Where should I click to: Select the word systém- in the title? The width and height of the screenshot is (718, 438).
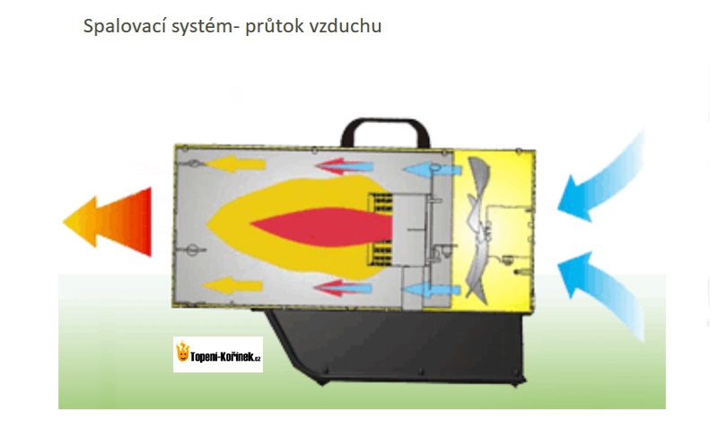click(206, 27)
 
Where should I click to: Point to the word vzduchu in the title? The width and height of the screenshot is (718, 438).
click(346, 26)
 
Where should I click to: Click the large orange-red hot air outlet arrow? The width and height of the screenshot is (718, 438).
click(109, 222)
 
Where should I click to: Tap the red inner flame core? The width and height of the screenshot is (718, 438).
click(320, 227)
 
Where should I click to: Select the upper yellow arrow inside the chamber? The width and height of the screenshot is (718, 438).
click(235, 163)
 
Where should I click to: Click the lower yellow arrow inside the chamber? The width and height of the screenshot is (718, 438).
click(232, 286)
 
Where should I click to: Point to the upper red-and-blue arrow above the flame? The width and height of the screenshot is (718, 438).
click(344, 166)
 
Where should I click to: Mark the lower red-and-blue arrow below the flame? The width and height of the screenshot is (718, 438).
click(342, 288)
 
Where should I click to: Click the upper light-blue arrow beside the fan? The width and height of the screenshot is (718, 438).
click(432, 170)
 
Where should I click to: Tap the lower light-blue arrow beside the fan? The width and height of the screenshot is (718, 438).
click(431, 290)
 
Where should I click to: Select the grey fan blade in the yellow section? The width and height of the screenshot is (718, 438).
click(478, 230)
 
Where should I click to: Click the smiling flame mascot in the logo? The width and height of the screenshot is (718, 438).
click(183, 352)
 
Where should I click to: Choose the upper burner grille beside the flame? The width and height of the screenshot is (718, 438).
click(381, 204)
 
